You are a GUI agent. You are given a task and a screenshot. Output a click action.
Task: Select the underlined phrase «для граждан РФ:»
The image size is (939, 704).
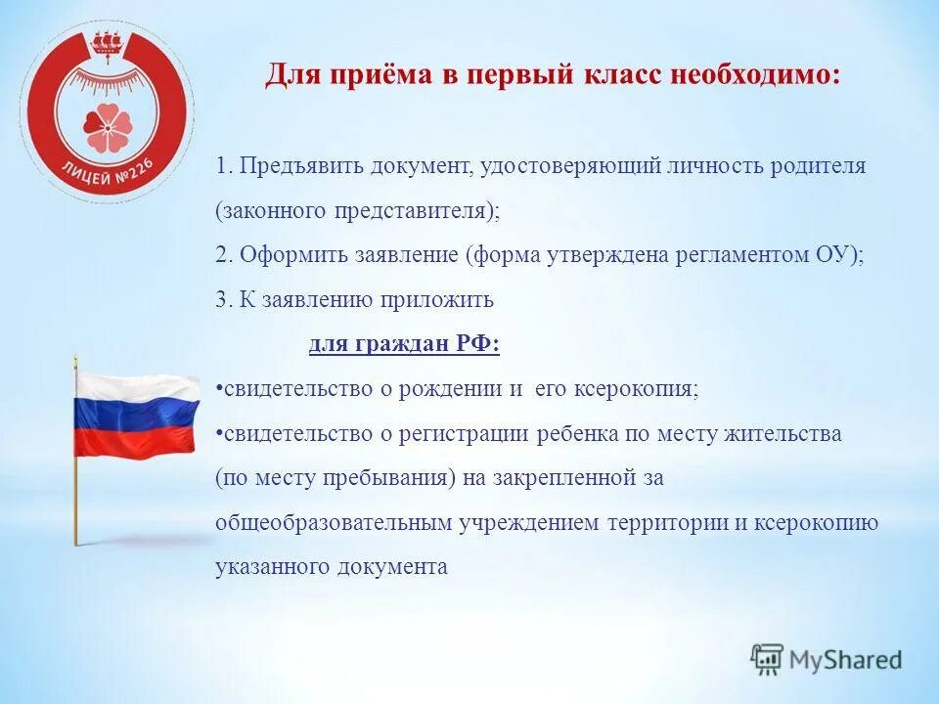[x=404, y=344]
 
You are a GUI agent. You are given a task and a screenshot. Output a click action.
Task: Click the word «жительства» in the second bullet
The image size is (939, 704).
[x=790, y=433]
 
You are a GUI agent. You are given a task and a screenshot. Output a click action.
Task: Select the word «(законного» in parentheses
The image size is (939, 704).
[x=263, y=211]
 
